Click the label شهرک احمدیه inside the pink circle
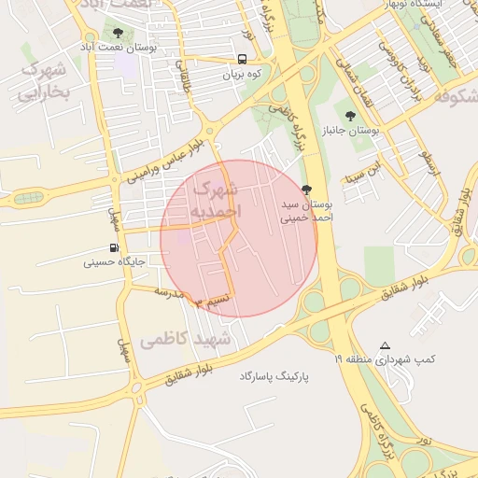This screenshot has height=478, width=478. (x=217, y=201)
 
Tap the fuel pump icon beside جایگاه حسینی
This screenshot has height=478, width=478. (x=115, y=248)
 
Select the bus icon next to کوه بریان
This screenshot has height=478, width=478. (x=243, y=60)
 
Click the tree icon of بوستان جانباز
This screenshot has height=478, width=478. (x=350, y=116)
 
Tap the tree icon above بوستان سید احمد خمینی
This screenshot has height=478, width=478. (x=307, y=190)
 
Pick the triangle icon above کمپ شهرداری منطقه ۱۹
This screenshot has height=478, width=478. (x=386, y=345)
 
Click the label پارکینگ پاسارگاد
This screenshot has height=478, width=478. (x=274, y=375)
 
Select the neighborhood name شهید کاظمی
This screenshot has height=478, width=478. (x=186, y=341)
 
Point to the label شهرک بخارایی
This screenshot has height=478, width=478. (x=44, y=80)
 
